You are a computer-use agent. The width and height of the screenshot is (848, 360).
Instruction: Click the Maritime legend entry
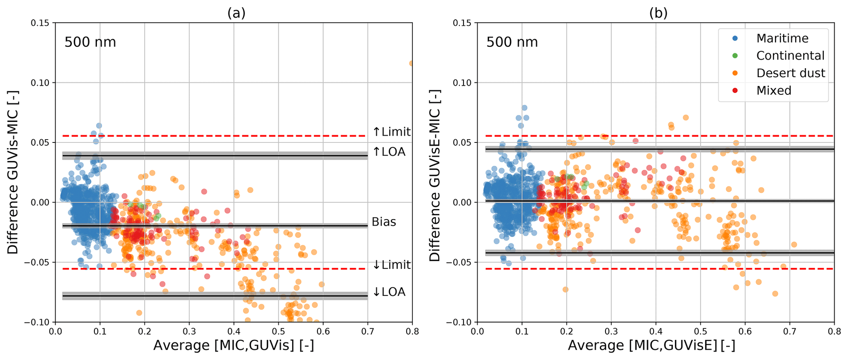(782, 38)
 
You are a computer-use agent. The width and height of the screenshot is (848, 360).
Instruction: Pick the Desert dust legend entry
(790, 73)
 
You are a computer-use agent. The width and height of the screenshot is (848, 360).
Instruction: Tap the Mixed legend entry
(773, 90)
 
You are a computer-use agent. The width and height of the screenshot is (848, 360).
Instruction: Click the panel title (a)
(236, 13)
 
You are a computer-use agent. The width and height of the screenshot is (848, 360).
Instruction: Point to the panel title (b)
(658, 13)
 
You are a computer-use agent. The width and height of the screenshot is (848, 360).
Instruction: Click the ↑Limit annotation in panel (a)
(391, 132)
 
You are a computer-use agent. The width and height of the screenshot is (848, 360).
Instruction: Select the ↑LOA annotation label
(389, 152)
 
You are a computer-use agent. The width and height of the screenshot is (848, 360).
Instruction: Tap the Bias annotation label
(384, 222)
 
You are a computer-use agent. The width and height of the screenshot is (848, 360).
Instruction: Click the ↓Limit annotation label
(391, 265)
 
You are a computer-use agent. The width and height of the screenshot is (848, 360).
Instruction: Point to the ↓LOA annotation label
(389, 292)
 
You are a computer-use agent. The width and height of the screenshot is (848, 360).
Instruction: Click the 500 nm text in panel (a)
(90, 42)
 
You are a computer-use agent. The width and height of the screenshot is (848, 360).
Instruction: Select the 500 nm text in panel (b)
(512, 42)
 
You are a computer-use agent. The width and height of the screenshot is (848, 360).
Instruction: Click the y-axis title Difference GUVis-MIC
(13, 172)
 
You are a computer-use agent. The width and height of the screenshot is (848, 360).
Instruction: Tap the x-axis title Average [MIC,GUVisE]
(651, 346)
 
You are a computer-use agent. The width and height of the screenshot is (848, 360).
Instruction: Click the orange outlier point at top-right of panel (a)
(411, 63)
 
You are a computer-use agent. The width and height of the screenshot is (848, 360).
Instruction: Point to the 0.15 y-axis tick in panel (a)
(40, 23)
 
